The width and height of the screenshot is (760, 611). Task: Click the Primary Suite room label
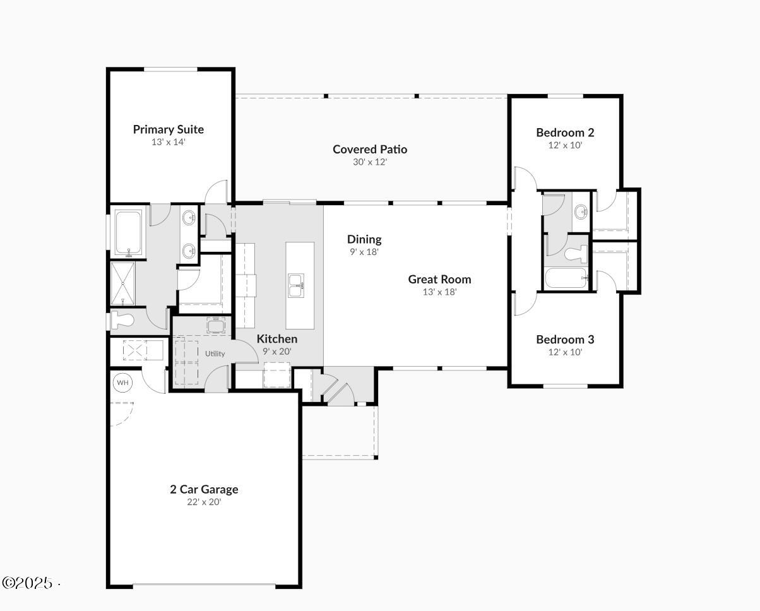coord(168,129)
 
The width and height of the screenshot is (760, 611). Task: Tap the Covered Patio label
coord(370,150)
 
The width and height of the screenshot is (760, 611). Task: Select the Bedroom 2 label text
coord(565,133)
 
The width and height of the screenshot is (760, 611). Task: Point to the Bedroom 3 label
coord(565,340)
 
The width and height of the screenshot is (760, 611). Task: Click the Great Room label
coord(439,279)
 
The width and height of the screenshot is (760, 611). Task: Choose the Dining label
coord(364,239)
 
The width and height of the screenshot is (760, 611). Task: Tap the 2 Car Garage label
coord(204,489)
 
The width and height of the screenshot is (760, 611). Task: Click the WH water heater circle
coord(122,383)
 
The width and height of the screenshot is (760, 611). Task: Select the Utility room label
coord(215,353)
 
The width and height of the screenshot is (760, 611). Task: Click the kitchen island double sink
coord(295,285)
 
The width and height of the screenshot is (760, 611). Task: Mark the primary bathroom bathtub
coord(129,233)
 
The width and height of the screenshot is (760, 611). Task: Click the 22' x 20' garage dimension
coord(204,502)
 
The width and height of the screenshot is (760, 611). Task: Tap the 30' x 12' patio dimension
coord(370,162)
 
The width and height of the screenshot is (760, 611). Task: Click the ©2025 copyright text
coord(28,583)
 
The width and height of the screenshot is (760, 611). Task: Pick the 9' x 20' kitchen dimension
coord(277,352)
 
